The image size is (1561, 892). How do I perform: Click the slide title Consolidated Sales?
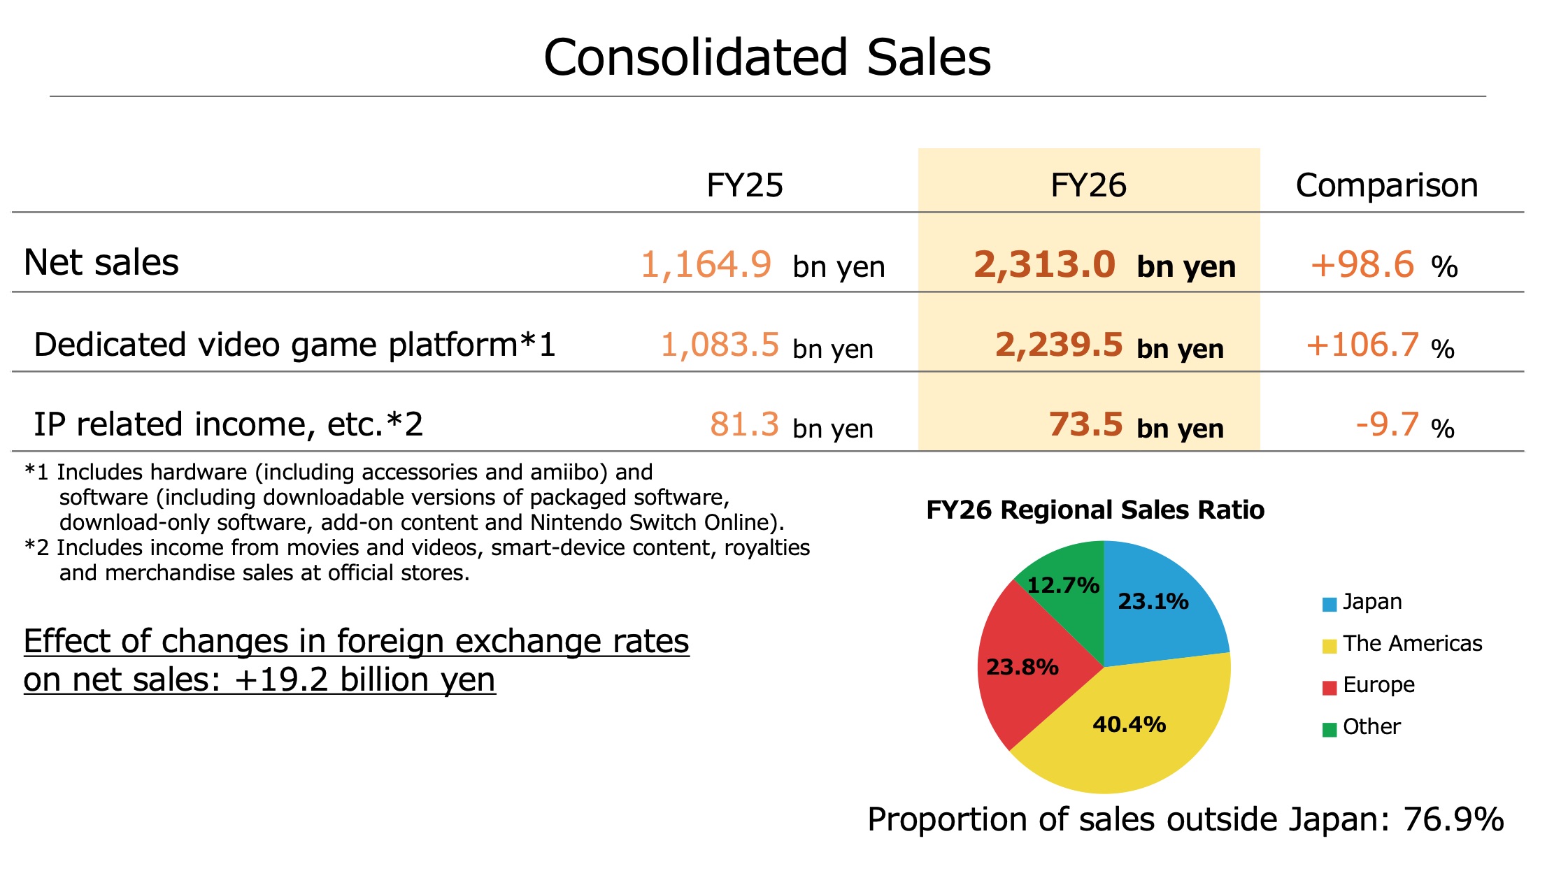(x=767, y=57)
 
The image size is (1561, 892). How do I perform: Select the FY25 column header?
(x=745, y=185)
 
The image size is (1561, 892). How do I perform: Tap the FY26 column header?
(x=1088, y=185)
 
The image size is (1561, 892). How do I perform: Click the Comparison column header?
(x=1387, y=185)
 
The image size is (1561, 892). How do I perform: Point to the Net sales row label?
(x=101, y=263)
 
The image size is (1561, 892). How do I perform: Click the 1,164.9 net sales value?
(x=706, y=265)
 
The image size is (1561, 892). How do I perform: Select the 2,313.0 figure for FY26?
(x=1044, y=265)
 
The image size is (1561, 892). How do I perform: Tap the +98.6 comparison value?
(x=1362, y=265)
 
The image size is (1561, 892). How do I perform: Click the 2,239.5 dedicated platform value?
(x=1059, y=345)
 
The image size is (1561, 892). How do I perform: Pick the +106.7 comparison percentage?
(x=1362, y=345)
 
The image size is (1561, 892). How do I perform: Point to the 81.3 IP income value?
(x=744, y=424)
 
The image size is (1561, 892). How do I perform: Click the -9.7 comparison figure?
(x=1388, y=424)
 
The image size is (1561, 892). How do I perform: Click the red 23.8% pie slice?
(x=1028, y=671)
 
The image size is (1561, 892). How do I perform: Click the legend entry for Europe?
(x=1369, y=685)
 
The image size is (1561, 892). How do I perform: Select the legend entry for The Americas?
(x=1402, y=643)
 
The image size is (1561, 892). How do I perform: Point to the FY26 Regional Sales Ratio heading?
(x=1095, y=510)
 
